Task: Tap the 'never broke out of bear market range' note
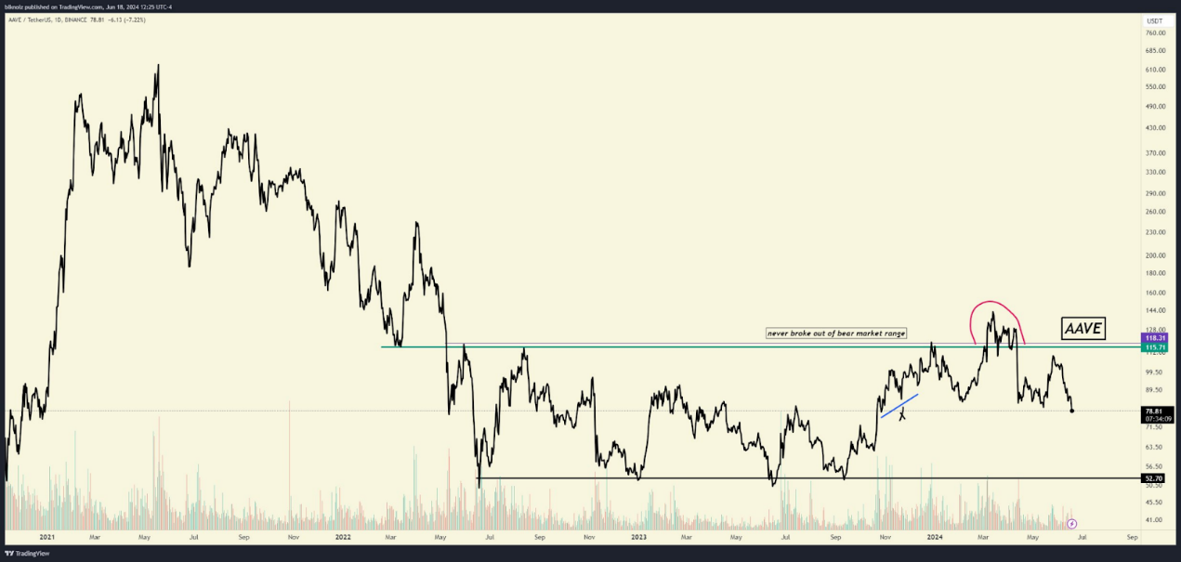pyautogui.click(x=835, y=333)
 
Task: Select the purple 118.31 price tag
pyautogui.click(x=1156, y=337)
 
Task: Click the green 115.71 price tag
pyautogui.click(x=1156, y=346)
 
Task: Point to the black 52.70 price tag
pyautogui.click(x=1156, y=478)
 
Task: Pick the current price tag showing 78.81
pyautogui.click(x=1156, y=411)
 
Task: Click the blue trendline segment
pyautogui.click(x=899, y=406)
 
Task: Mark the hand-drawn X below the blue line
pyautogui.click(x=902, y=415)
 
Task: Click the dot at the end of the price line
pyautogui.click(x=1072, y=411)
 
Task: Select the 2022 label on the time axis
pyautogui.click(x=343, y=537)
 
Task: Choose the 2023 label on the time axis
pyautogui.click(x=638, y=537)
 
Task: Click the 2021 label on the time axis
pyautogui.click(x=46, y=537)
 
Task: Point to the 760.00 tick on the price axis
pyautogui.click(x=1156, y=33)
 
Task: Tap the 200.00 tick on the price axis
pyautogui.click(x=1156, y=255)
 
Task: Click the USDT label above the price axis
pyautogui.click(x=1155, y=20)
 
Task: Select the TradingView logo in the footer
pyautogui.click(x=27, y=554)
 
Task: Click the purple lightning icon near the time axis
pyautogui.click(x=1071, y=523)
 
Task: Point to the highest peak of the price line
pyautogui.click(x=158, y=65)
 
